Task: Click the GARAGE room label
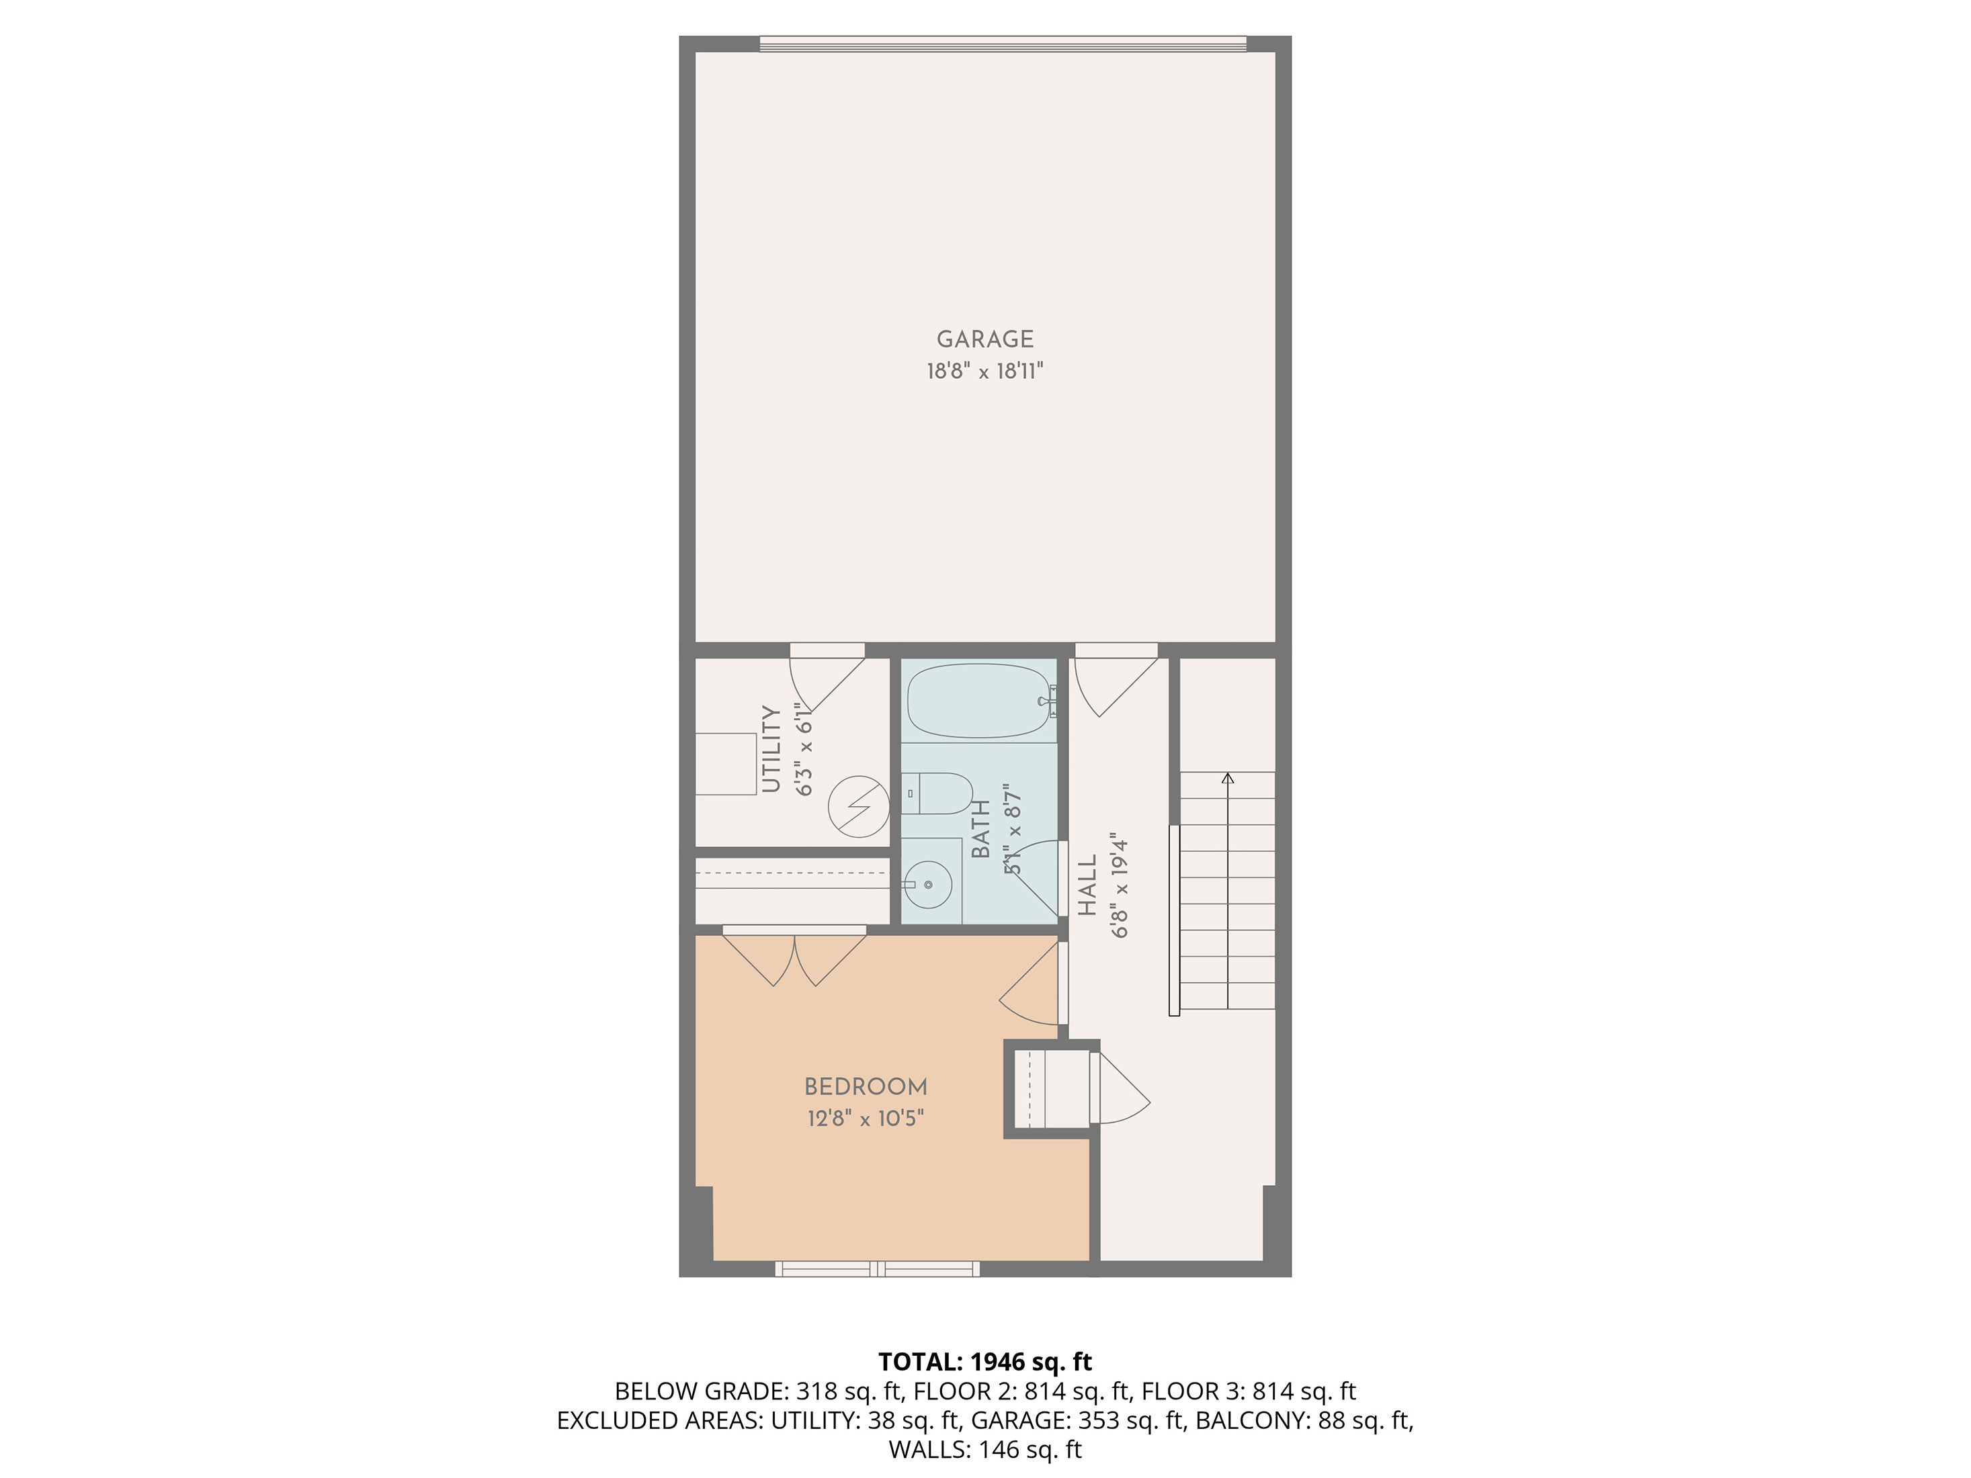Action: click(984, 339)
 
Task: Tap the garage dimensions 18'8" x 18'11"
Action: click(984, 372)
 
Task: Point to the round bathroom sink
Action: click(929, 885)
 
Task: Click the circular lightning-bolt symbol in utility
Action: click(859, 807)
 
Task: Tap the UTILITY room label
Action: click(771, 748)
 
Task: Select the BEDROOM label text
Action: click(865, 1087)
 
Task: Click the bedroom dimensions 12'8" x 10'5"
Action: click(865, 1118)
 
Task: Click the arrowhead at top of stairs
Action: click(1228, 779)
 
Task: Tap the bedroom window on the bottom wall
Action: click(877, 1268)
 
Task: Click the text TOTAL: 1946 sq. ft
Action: click(984, 1361)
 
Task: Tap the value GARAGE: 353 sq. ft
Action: click(1078, 1420)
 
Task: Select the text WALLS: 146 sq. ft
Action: click(984, 1450)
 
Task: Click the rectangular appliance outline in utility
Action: click(725, 763)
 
